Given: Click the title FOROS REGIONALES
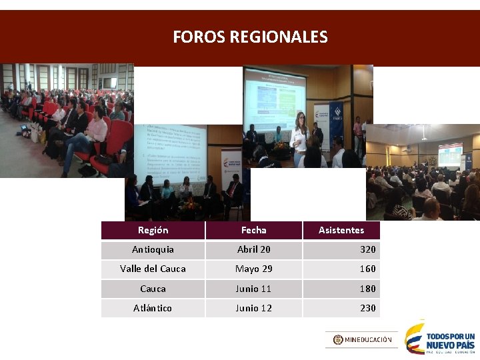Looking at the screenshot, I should [x=250, y=37].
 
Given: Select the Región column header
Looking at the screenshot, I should [x=153, y=230].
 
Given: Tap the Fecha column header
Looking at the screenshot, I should [x=253, y=230].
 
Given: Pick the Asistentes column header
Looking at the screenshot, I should [x=341, y=230].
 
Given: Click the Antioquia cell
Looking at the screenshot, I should [x=153, y=249].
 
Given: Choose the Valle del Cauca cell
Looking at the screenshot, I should [x=153, y=269].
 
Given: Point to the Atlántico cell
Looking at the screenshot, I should [x=153, y=308].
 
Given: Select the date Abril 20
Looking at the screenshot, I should [x=253, y=249].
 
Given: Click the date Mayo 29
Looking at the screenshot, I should [x=253, y=269].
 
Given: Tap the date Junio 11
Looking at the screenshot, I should [x=253, y=289].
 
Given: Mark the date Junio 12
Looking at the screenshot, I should [x=253, y=308].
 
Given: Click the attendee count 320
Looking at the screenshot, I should [x=367, y=249].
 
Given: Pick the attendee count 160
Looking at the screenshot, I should [x=367, y=269].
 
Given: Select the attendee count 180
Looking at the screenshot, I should [x=367, y=289].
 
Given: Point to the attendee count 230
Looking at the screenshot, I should [x=367, y=308].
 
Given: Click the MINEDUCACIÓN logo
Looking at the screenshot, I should [x=362, y=340].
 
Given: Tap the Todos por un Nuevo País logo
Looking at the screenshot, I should [x=441, y=339].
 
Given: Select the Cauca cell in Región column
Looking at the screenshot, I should [x=153, y=289].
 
